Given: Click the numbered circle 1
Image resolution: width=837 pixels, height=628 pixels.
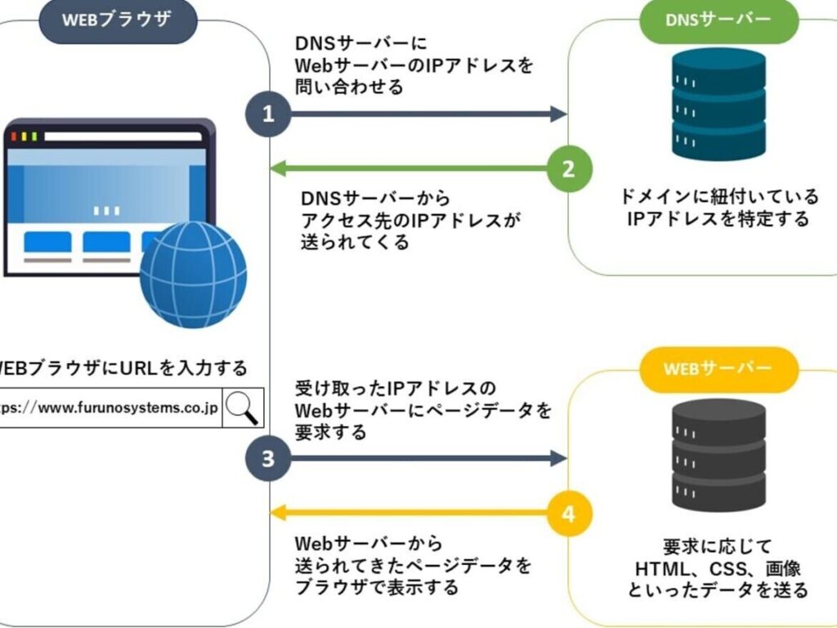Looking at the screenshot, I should (x=269, y=114).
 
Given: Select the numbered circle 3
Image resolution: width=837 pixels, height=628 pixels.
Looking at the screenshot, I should (x=269, y=459).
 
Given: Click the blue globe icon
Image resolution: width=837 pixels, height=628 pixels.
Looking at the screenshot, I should (x=193, y=274).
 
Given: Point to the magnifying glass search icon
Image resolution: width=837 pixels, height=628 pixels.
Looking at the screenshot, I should (x=243, y=406).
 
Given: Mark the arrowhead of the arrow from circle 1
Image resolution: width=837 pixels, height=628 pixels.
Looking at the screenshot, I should (x=559, y=114).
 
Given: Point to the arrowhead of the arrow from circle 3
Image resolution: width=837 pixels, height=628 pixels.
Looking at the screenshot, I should (x=559, y=459).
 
